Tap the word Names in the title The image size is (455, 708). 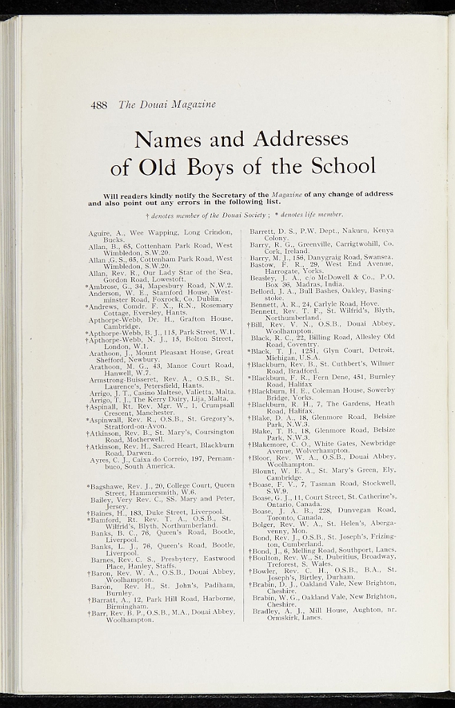(167, 140)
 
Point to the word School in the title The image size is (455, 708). (343, 167)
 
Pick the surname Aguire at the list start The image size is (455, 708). (100, 233)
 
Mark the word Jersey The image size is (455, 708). (116, 506)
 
